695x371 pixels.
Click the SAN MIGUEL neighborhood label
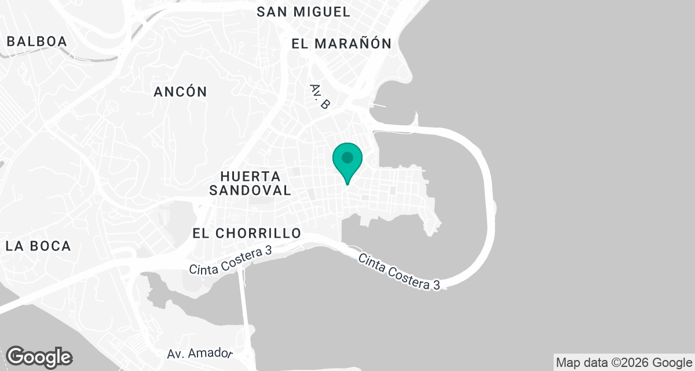click(x=303, y=12)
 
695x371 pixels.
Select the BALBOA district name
click(x=37, y=41)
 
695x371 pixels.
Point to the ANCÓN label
click(x=181, y=92)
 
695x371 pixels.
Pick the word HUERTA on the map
click(x=251, y=176)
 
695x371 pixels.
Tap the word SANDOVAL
click(x=250, y=190)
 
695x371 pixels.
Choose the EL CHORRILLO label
click(x=247, y=233)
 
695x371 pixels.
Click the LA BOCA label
click(x=38, y=246)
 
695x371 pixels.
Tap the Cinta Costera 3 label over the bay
click(x=399, y=272)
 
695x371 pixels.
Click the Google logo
click(x=39, y=357)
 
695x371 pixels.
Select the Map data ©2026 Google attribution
click(x=623, y=363)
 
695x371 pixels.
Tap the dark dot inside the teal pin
click(x=348, y=157)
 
